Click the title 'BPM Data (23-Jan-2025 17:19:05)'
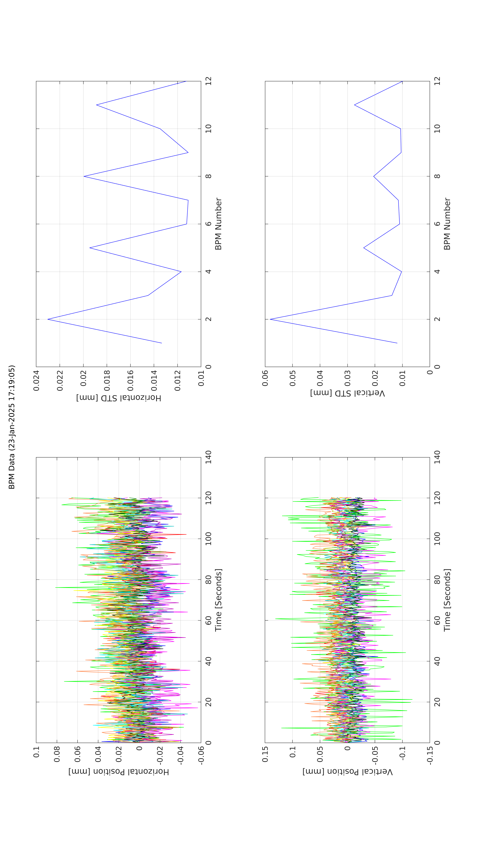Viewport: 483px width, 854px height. [x=12, y=427]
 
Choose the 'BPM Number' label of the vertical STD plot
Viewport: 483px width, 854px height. [x=447, y=224]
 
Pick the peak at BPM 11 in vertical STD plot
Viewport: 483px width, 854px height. [x=355, y=105]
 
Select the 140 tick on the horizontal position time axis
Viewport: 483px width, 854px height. [x=209, y=457]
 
